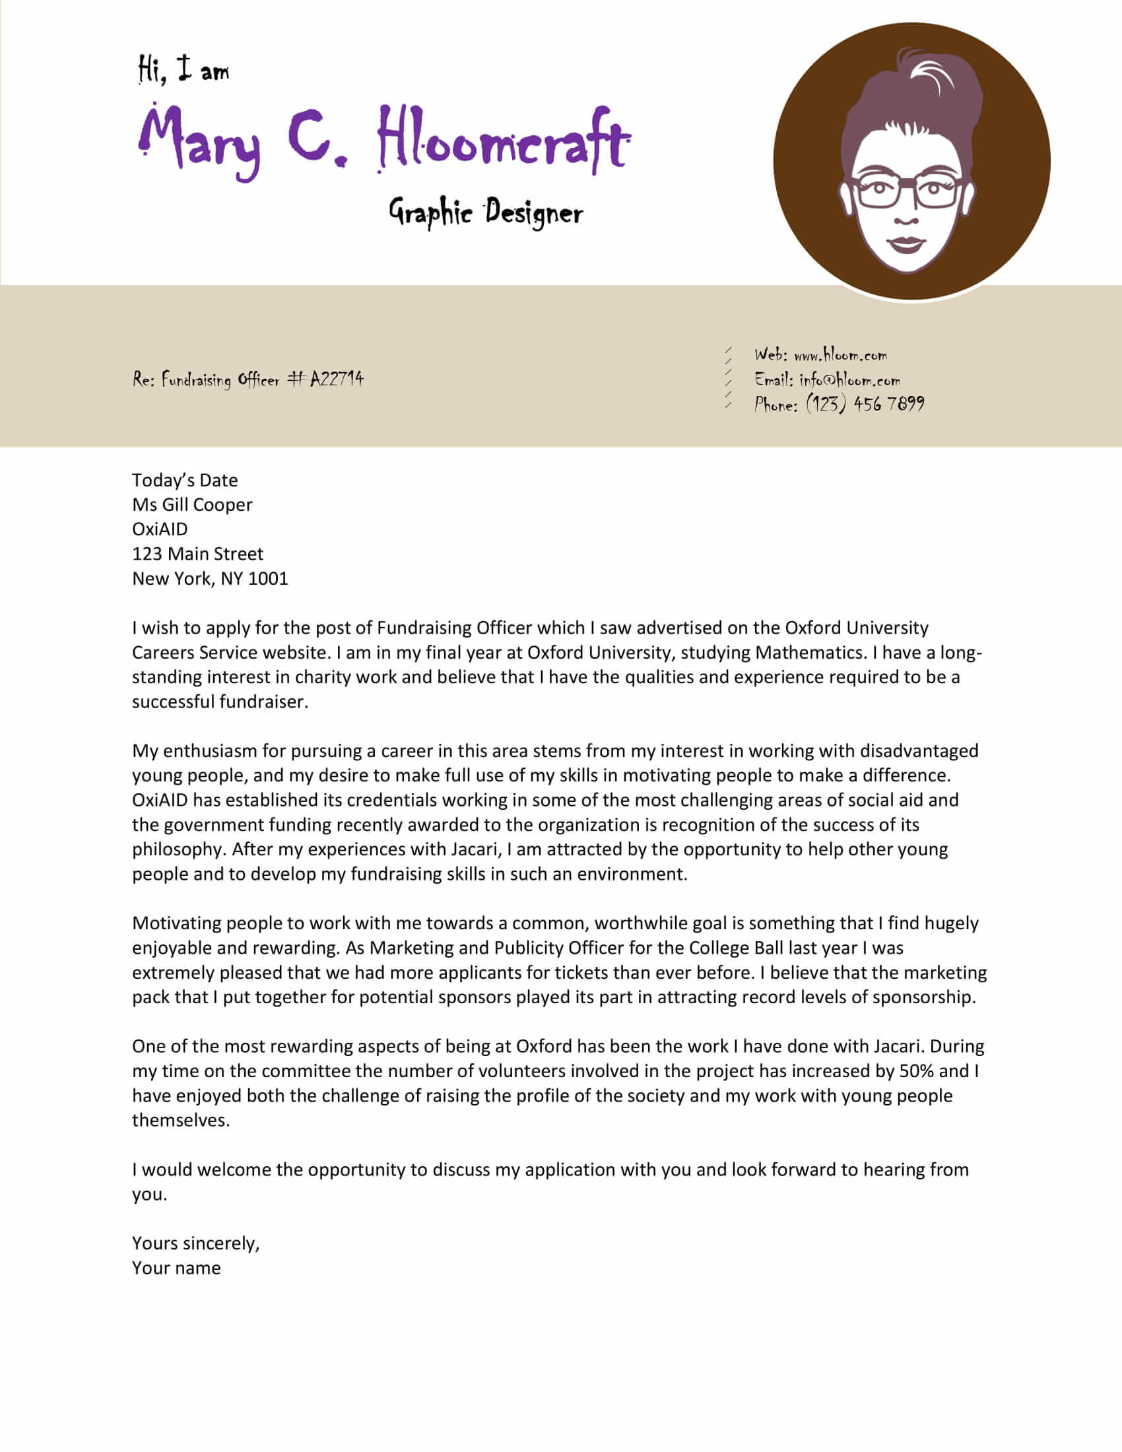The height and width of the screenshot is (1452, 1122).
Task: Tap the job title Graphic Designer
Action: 485,213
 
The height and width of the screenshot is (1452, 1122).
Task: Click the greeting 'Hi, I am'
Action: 183,70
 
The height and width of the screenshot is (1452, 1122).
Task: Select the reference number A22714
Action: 337,379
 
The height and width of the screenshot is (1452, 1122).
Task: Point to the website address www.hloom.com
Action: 840,354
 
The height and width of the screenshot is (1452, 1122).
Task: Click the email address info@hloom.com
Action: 849,379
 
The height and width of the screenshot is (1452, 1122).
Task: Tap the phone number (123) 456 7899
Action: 865,403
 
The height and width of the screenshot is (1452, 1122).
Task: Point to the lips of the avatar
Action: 907,244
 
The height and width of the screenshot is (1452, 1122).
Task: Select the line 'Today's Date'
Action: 185,480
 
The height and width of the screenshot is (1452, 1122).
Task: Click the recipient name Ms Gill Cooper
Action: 192,505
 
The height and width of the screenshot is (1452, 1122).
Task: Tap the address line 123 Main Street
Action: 197,554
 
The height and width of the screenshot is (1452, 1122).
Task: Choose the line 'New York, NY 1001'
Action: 210,578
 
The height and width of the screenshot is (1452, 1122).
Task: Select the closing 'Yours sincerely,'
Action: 195,1243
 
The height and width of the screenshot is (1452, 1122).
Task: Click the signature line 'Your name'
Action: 176,1268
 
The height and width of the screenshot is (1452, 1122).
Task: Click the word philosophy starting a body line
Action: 177,849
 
